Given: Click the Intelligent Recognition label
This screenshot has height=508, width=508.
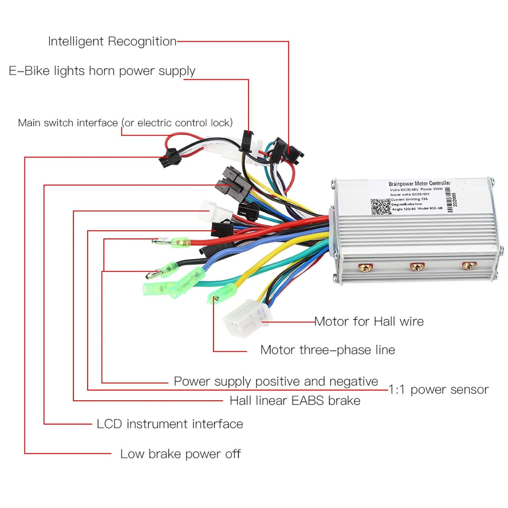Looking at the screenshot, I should point(112,42).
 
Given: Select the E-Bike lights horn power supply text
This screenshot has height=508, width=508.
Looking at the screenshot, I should point(102,71).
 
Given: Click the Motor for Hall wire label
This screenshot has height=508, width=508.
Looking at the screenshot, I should point(369,321).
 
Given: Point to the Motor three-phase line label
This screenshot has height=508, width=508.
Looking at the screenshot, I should point(327,350).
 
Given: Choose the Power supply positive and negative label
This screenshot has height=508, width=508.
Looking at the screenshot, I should point(276,381).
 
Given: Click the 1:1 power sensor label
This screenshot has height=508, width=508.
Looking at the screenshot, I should point(438,389).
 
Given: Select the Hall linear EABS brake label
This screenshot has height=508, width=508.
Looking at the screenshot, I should point(295,401).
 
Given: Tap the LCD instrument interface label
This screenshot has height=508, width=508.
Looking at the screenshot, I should point(170,424).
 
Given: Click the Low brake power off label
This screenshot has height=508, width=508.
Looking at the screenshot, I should point(180,454).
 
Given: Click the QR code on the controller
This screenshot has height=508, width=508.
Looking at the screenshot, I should point(380,207).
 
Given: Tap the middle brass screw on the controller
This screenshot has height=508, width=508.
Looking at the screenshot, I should point(416,267).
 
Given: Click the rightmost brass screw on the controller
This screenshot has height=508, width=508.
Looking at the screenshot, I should point(468,266).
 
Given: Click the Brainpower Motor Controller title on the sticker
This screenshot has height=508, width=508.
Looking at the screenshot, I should point(419,184).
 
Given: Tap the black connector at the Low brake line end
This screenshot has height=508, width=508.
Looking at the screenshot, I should point(169,158).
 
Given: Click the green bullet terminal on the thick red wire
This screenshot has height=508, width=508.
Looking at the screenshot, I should point(179,242).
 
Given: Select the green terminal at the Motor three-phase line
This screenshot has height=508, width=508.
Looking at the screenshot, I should point(222,293).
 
